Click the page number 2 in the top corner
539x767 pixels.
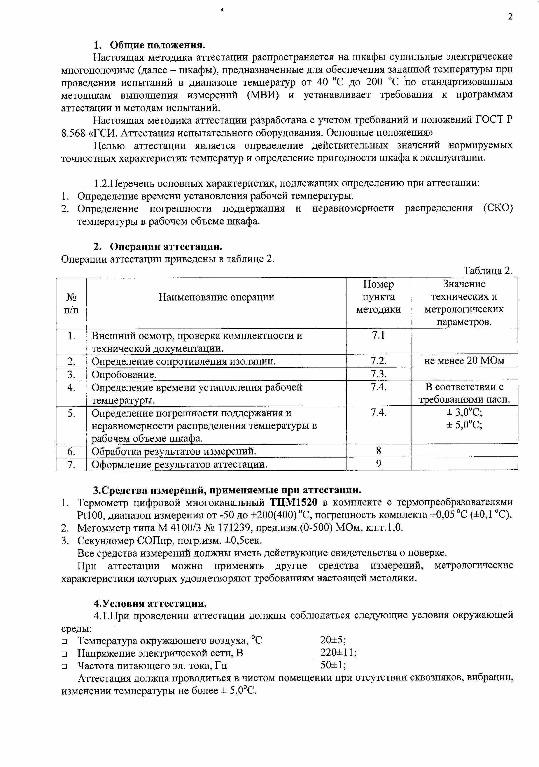point(510,17)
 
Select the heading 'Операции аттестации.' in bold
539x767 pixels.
point(166,247)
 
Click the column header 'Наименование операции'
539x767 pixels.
point(216,297)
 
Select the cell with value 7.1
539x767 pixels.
point(378,335)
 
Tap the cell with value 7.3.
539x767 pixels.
point(378,374)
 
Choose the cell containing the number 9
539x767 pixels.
point(378,464)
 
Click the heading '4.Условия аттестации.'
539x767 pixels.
point(150,603)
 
